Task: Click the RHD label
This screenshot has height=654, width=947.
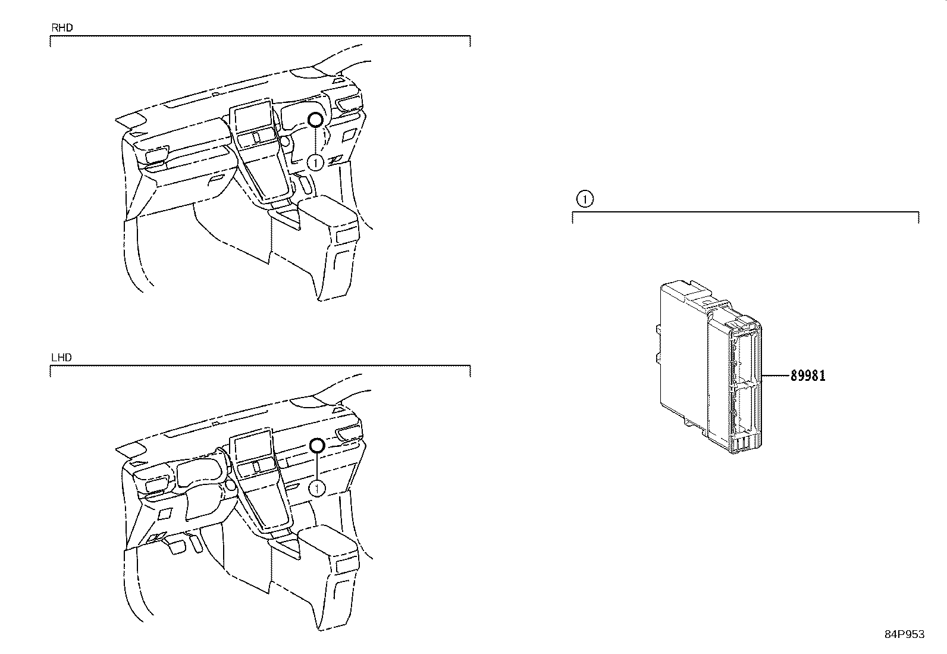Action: tap(62, 28)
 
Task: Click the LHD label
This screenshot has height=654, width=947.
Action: tap(62, 358)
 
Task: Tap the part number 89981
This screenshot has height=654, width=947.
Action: tap(807, 375)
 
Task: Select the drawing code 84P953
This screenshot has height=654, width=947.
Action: tap(905, 634)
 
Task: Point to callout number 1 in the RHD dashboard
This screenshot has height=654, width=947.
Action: tap(315, 162)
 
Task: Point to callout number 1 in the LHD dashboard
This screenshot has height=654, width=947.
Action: tap(317, 489)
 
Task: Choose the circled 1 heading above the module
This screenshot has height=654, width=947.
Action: tap(585, 199)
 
